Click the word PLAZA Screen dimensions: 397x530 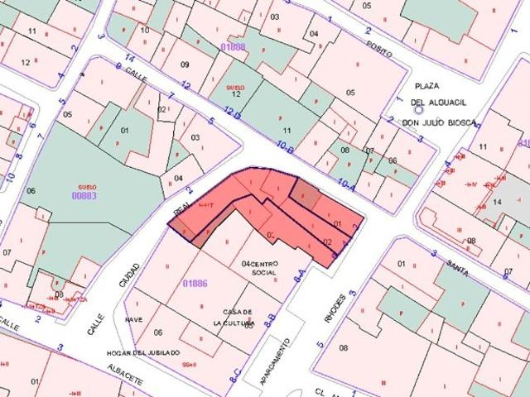pyautogui.click(x=427, y=86)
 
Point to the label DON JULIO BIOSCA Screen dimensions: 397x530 pyautogui.click(x=439, y=122)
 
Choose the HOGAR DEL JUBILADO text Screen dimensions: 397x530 pyautogui.click(x=142, y=352)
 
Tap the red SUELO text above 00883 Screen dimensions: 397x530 pyautogui.click(x=87, y=187)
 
